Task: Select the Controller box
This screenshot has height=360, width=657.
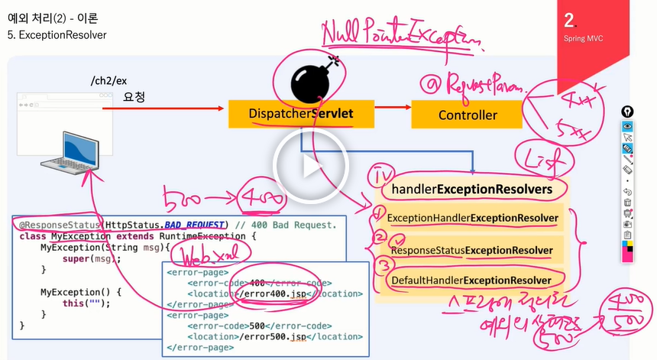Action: (x=468, y=115)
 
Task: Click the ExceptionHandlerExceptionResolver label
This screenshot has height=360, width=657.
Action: (x=473, y=219)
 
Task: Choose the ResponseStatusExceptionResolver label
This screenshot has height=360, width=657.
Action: (x=473, y=250)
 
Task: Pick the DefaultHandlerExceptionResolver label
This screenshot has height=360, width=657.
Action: (x=473, y=281)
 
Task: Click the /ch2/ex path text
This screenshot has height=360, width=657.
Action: (x=107, y=81)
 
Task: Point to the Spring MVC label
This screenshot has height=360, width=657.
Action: (x=584, y=37)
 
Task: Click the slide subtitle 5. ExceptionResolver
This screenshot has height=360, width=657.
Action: (x=57, y=35)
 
